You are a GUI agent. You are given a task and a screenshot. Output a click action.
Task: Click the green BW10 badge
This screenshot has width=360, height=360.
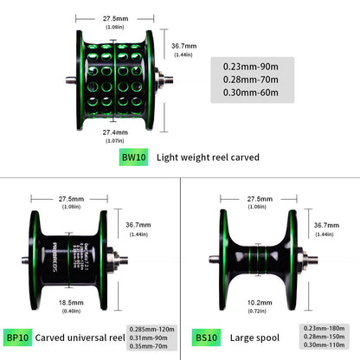132,158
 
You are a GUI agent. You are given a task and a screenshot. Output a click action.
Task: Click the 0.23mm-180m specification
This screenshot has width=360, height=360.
325,329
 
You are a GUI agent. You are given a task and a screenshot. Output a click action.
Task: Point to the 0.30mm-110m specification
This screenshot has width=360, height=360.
325,344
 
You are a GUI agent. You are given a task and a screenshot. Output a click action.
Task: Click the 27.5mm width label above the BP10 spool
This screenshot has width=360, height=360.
74,198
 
